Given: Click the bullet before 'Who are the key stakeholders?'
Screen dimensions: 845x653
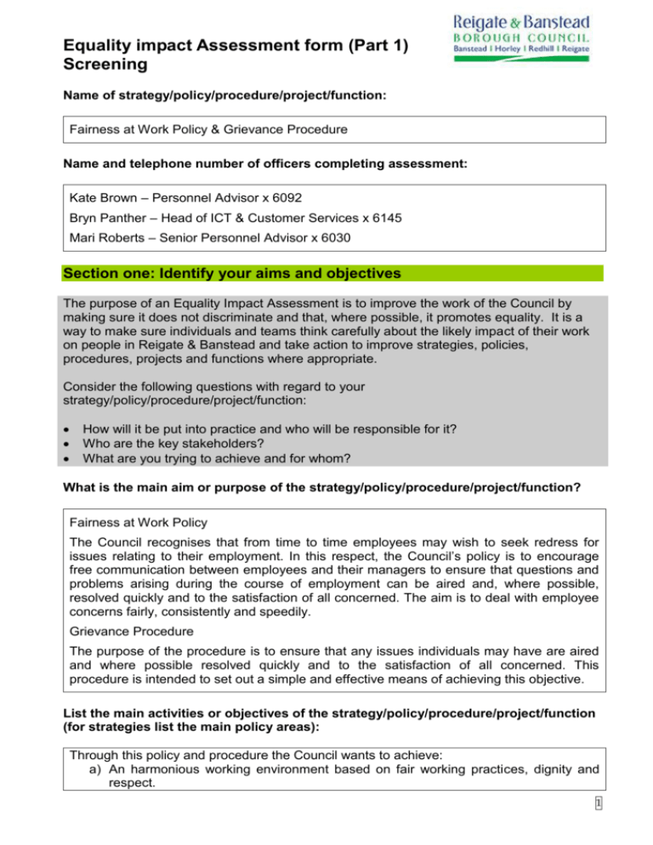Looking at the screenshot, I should pos(67,442).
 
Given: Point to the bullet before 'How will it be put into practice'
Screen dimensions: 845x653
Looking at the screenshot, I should pos(67,428).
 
